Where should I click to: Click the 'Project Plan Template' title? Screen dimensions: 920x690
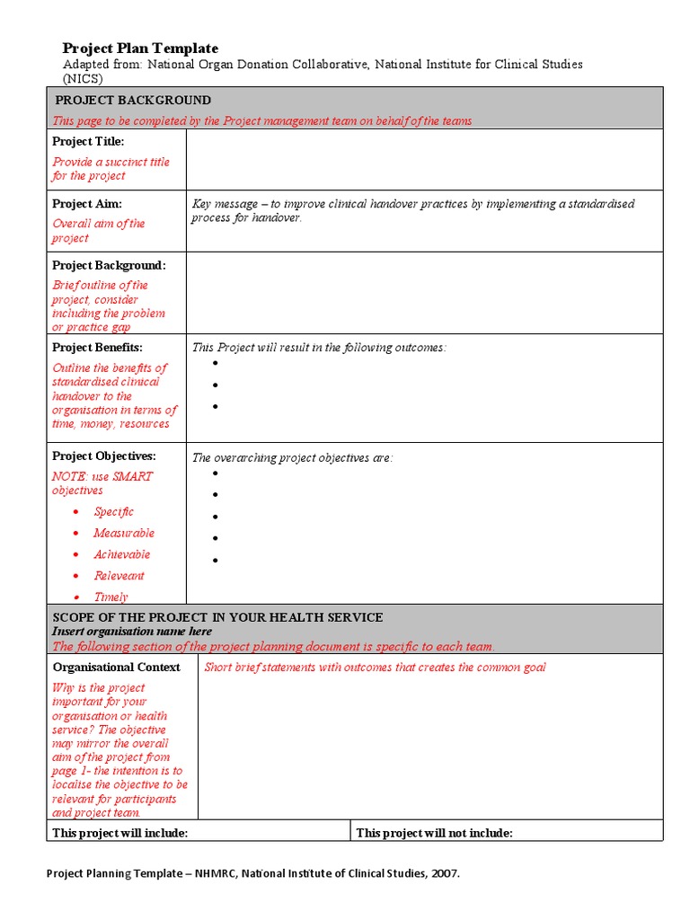click(x=140, y=49)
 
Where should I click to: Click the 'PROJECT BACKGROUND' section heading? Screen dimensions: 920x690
click(x=133, y=100)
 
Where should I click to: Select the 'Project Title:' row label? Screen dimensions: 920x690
click(x=88, y=142)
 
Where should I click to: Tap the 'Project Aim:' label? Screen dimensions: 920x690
click(x=87, y=204)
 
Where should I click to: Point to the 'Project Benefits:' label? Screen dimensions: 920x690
click(x=97, y=348)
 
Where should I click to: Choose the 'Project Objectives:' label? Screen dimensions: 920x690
click(x=103, y=456)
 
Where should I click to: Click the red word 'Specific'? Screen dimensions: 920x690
click(x=114, y=512)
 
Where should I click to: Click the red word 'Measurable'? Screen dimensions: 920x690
click(x=124, y=534)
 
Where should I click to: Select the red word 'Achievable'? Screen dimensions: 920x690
click(x=122, y=555)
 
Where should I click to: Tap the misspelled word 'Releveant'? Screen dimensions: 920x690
click(x=119, y=577)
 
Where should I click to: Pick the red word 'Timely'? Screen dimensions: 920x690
click(x=111, y=597)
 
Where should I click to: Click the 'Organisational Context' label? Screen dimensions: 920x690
click(x=117, y=668)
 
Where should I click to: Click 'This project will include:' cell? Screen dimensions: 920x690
click(x=120, y=834)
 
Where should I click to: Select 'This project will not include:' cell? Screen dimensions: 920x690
click(x=435, y=834)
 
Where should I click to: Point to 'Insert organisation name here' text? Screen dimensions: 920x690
click(x=132, y=632)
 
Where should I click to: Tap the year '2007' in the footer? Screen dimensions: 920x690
click(x=444, y=874)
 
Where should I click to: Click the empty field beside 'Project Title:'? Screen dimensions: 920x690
click(x=424, y=159)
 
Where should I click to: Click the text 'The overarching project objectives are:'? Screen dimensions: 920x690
click(x=293, y=458)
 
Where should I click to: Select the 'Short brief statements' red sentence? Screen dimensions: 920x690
click(x=375, y=668)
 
